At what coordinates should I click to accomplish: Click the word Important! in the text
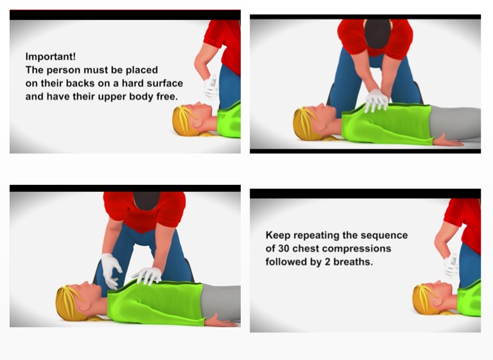50,56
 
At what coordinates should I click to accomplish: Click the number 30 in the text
284,248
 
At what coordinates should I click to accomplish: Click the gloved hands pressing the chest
376,100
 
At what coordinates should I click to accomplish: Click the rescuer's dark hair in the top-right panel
377,33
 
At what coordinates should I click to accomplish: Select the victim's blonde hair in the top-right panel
304,124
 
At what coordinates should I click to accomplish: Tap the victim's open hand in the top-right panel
448,141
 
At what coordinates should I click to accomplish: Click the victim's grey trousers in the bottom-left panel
221,302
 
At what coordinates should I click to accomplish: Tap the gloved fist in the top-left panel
211,87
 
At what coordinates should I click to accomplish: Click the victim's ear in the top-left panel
198,123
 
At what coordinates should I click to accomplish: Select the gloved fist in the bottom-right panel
451,266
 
